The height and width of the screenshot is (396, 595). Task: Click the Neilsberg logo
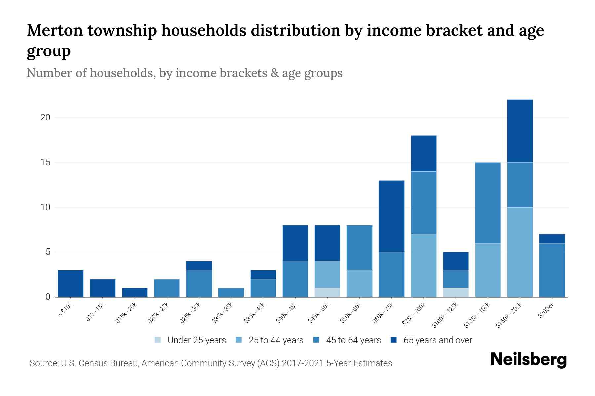(528, 360)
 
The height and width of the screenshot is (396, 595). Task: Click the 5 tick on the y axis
(47, 252)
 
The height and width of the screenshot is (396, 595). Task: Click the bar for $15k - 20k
(135, 292)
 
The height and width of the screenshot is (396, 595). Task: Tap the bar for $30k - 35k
(231, 292)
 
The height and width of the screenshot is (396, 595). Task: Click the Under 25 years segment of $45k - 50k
(327, 292)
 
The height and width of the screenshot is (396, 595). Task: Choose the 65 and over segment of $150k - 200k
(520, 131)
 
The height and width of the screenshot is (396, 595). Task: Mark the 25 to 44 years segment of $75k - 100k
(423, 266)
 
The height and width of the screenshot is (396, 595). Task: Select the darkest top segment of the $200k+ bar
(552, 239)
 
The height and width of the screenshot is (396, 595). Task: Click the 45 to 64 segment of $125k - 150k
(488, 203)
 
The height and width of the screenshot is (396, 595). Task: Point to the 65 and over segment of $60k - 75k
(391, 216)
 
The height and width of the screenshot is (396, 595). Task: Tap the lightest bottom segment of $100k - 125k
(456, 292)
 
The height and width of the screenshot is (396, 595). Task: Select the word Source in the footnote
(43, 363)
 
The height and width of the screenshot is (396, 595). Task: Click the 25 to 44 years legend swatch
(239, 340)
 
